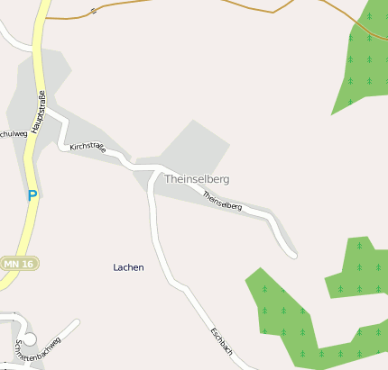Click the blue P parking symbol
32,194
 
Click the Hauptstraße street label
38,113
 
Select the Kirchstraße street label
88,148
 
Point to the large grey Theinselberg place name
197,179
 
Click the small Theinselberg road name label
222,201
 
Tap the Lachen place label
128,267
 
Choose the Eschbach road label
222,342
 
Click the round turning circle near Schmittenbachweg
29,339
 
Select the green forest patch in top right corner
365,63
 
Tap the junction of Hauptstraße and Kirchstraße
45,109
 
